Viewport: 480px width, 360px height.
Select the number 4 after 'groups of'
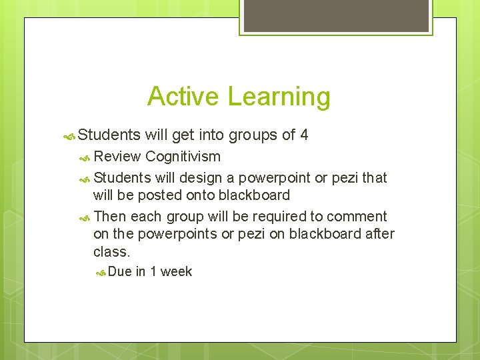click(304, 135)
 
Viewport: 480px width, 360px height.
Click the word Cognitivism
click(183, 157)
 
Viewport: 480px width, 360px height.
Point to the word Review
click(117, 157)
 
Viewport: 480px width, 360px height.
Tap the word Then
click(110, 217)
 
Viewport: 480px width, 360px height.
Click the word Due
click(120, 271)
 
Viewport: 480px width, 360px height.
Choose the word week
click(176, 271)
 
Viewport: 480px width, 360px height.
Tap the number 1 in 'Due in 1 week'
click(153, 271)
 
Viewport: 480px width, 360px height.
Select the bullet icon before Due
click(101, 272)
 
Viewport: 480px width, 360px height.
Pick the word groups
click(253, 135)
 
